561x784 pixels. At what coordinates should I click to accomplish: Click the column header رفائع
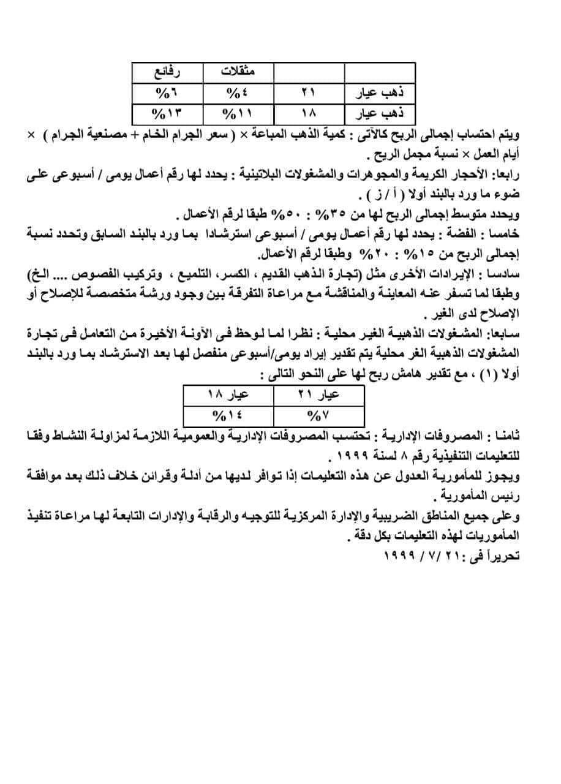click(x=168, y=72)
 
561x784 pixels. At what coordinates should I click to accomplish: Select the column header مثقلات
click(x=238, y=72)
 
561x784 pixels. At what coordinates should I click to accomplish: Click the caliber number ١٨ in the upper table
click(x=308, y=113)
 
